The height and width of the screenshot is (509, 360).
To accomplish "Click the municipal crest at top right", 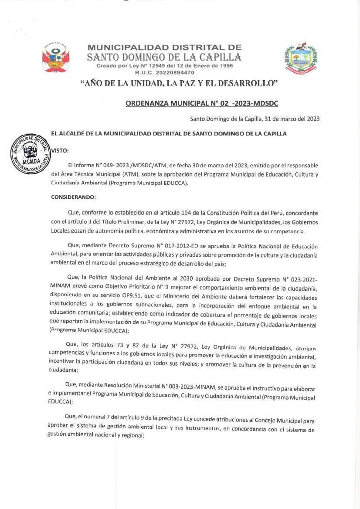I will coord(300,58).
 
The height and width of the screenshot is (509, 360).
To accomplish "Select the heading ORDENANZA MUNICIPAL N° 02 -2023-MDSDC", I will coord(202,103).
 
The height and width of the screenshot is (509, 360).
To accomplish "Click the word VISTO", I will coord(60,150).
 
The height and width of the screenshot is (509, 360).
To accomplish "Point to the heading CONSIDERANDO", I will coord(73,197).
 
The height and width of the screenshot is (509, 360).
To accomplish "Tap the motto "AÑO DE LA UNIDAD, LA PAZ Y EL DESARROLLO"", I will coord(180,83).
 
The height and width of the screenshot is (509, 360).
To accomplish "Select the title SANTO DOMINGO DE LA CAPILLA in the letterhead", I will coord(164,57).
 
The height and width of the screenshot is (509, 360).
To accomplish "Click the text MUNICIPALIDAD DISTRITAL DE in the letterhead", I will coord(165,48).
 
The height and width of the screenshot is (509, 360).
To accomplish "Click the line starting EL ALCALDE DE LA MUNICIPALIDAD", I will coord(169,134).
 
